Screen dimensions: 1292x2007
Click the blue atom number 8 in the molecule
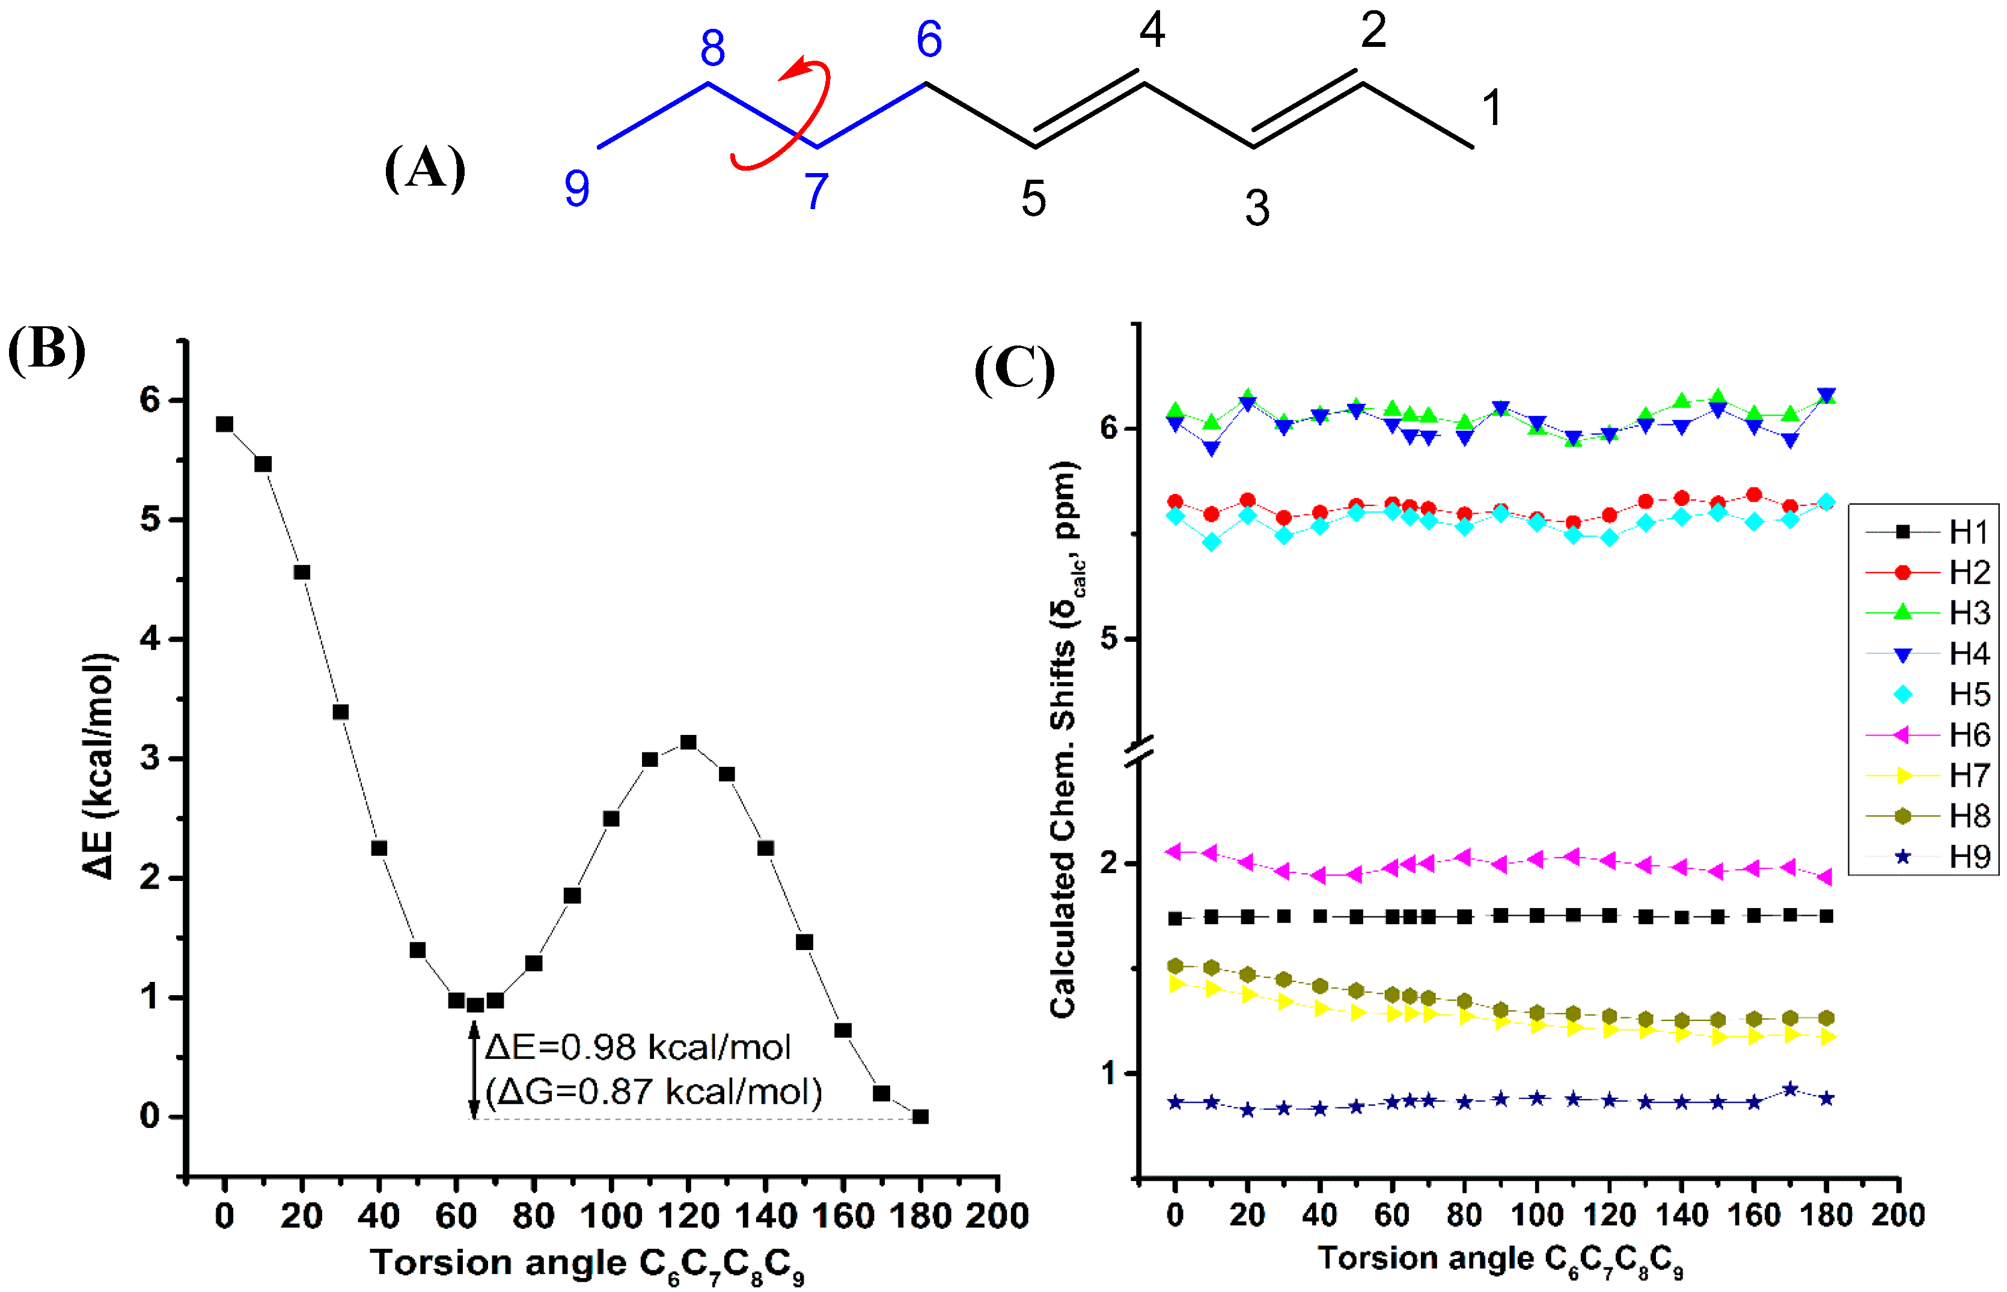(x=712, y=49)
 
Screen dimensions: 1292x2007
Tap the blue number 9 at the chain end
(x=576, y=188)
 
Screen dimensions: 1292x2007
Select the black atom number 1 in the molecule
(x=1491, y=108)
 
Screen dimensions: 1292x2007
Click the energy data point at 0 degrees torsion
(x=224, y=424)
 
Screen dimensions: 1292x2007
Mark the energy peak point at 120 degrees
(x=688, y=742)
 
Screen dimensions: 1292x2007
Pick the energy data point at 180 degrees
(x=920, y=1117)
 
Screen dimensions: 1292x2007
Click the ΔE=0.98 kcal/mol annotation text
(x=638, y=1047)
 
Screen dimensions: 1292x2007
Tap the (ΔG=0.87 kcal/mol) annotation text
(x=653, y=1091)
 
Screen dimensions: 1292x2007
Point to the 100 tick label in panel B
(x=611, y=1216)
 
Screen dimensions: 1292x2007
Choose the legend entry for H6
(x=1930, y=736)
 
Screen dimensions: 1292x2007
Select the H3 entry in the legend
(x=1930, y=614)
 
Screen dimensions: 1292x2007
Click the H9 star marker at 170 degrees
(x=1789, y=1089)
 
